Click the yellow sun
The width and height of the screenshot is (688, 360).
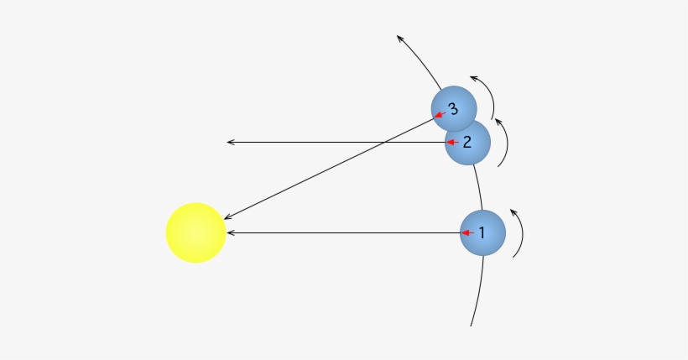point(195,232)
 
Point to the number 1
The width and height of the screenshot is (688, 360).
point(482,233)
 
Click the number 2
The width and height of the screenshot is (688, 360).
point(468,142)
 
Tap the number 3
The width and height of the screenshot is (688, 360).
point(453,109)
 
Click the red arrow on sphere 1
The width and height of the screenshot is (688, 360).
point(468,232)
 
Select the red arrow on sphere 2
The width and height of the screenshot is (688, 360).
point(451,143)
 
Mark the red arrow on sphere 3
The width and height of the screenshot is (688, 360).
point(439,117)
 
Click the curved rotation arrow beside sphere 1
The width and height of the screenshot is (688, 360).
point(519,232)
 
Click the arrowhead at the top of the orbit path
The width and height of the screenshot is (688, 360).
point(400,38)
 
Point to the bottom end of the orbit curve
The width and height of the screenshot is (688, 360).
point(472,324)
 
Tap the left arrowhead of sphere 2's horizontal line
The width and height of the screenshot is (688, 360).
point(230,143)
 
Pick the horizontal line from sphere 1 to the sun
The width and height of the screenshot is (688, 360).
point(344,232)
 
